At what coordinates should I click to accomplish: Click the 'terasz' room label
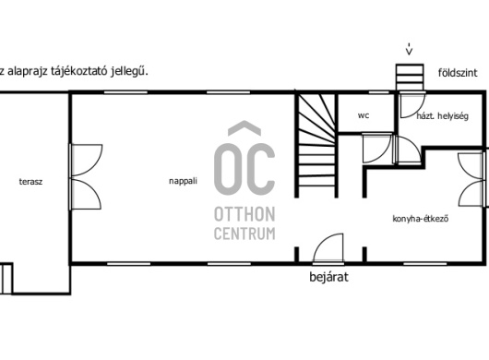click(30, 182)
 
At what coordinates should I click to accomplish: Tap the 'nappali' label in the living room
click(183, 181)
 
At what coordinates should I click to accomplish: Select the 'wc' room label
click(364, 115)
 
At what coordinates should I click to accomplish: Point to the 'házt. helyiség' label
click(443, 116)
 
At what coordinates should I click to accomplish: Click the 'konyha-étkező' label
click(421, 219)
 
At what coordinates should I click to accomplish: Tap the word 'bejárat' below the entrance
click(328, 277)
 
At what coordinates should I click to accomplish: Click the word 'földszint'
click(458, 73)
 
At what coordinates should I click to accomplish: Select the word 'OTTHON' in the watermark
click(244, 214)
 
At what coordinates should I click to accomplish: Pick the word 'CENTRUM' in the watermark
click(244, 234)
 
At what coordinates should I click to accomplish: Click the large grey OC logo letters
click(244, 168)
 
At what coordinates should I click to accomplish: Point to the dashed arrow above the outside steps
click(409, 48)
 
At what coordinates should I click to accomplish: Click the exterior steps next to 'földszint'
click(410, 77)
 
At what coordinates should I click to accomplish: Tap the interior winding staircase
click(316, 145)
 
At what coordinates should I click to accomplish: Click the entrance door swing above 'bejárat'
click(328, 248)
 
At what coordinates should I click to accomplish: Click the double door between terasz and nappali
click(86, 176)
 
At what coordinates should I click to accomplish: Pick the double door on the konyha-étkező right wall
click(471, 179)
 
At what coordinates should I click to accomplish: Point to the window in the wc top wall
click(379, 92)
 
